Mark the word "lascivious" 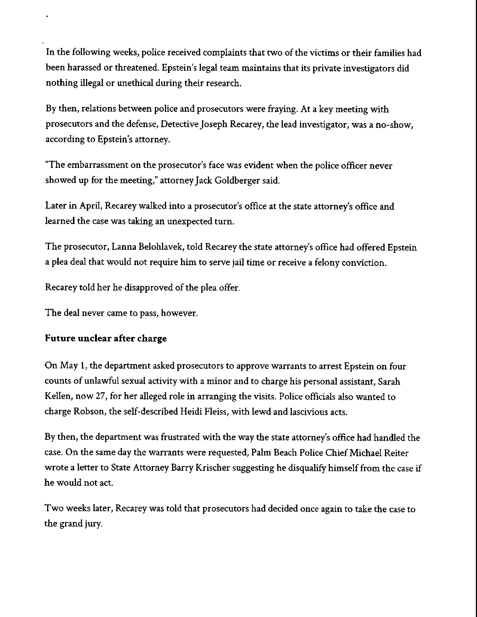coord(309,412)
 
